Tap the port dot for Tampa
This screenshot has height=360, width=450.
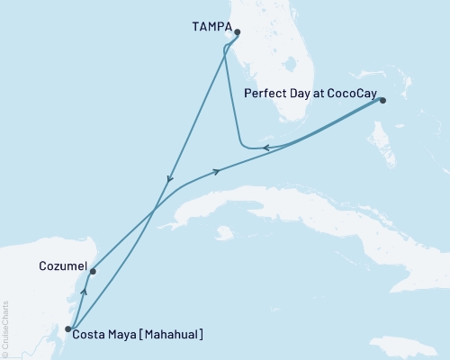(x=237, y=33)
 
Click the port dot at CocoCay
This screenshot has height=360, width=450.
(x=382, y=101)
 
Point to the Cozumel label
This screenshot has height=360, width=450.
(x=63, y=267)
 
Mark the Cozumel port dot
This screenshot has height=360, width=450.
(x=93, y=270)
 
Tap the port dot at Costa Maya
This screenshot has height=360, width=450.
(x=68, y=329)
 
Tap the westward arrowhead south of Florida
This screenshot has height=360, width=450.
(x=268, y=148)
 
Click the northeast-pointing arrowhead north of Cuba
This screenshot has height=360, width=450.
(x=217, y=172)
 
